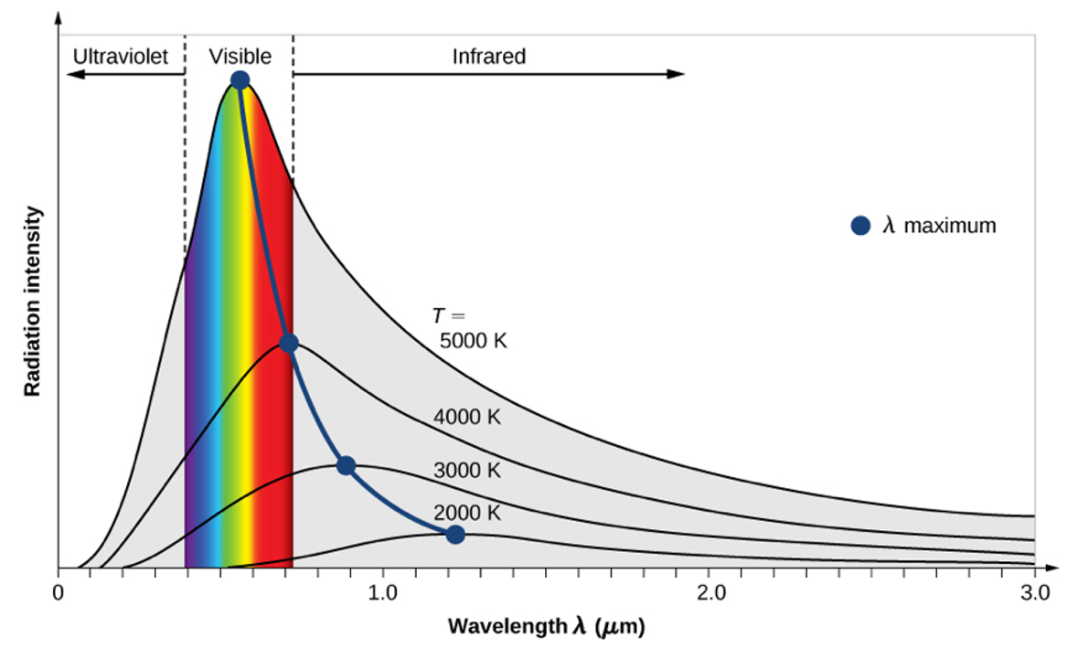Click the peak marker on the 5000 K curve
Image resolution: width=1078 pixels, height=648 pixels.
(240, 80)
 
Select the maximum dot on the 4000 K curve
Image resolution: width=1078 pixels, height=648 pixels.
(289, 344)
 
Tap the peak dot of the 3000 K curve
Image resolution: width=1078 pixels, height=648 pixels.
(346, 465)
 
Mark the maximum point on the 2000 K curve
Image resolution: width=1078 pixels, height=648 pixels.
(455, 535)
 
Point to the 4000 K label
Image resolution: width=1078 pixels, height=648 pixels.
(467, 418)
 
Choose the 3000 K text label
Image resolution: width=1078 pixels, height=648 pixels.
(467, 471)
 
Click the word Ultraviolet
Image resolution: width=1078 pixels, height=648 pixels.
(121, 57)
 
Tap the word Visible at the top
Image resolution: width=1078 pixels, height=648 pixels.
(240, 57)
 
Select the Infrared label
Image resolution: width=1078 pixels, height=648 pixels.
(489, 57)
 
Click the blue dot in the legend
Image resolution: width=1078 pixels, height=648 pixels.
(860, 226)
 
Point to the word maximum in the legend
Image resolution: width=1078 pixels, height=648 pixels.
(950, 226)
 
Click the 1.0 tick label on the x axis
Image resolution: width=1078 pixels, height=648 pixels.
(382, 592)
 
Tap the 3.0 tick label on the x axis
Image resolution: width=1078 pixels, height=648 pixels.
(1034, 592)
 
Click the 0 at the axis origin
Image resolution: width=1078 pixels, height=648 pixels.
(59, 592)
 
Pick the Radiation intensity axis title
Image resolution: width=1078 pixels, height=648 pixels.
(33, 302)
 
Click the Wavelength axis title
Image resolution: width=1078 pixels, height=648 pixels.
(547, 627)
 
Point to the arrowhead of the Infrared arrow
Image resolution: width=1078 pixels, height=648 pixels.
(678, 74)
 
